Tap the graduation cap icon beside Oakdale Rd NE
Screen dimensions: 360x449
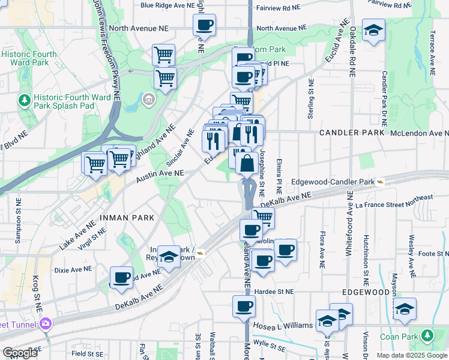tap(373, 31)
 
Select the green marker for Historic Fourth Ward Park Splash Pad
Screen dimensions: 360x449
tap(25, 99)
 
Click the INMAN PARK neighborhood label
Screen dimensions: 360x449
tap(125, 217)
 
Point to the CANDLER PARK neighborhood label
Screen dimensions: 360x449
tap(347, 132)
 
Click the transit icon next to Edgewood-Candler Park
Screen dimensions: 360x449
tap(380, 181)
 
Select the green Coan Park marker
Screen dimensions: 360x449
tap(427, 335)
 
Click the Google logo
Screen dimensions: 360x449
tap(20, 353)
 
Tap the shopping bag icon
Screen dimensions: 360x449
tap(247, 163)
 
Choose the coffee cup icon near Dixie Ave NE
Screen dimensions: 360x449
tap(122, 277)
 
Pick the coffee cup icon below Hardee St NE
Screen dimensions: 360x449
tap(244, 306)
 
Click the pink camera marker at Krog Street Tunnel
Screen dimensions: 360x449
tap(46, 325)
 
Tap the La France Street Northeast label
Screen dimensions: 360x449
tap(394, 202)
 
